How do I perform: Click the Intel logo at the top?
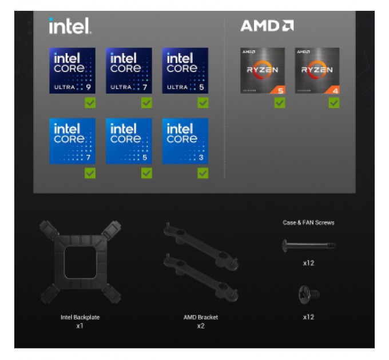tap(70, 26)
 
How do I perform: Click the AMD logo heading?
tap(267, 26)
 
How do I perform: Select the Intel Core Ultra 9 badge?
tap(72, 71)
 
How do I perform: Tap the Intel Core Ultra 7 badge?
tap(129, 71)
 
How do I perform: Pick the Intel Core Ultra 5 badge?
tap(185, 71)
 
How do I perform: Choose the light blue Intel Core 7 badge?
tap(72, 141)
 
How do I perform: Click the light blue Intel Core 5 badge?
tap(129, 141)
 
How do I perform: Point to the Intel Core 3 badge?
tap(185, 141)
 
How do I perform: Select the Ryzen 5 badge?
tap(262, 71)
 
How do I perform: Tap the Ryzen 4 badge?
tap(317, 71)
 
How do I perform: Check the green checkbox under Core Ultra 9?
tap(90, 103)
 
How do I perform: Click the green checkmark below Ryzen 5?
tap(279, 103)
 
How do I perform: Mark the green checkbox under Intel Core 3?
tap(203, 173)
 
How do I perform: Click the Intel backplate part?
tap(80, 262)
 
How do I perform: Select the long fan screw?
tap(308, 245)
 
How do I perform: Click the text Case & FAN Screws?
tap(308, 223)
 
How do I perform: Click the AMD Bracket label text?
tap(201, 317)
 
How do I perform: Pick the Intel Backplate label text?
tap(80, 317)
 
